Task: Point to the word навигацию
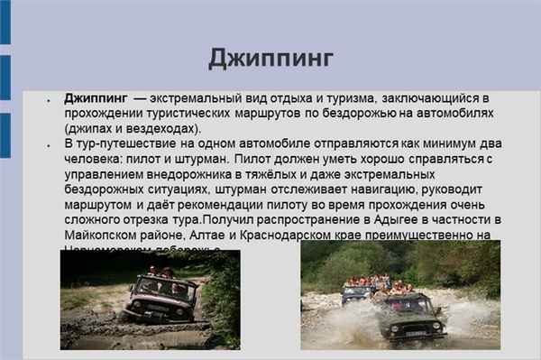[398, 190]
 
